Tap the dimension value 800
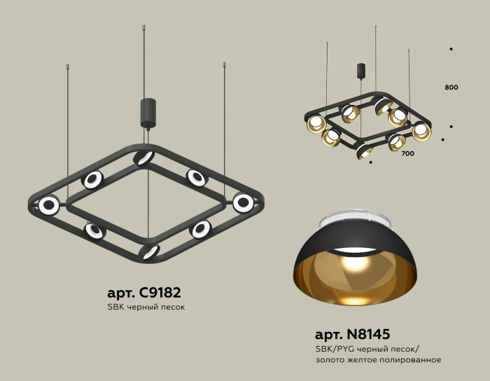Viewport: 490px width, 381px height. point(451,88)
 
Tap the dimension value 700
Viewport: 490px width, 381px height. point(407,153)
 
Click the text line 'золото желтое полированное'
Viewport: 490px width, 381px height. point(378,359)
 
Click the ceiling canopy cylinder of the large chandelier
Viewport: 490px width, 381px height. point(148,112)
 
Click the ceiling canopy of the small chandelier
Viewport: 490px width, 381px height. point(361,71)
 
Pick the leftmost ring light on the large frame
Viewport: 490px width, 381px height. point(49,205)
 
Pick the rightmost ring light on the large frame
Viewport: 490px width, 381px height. point(243,202)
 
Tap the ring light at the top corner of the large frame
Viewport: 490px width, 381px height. point(143,157)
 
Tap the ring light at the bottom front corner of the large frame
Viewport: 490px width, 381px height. point(148,251)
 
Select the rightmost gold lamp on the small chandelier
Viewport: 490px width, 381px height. point(421,130)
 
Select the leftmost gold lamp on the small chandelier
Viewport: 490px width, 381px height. point(316,124)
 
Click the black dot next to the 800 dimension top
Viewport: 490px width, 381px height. point(451,49)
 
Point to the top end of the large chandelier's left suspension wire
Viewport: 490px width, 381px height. point(67,67)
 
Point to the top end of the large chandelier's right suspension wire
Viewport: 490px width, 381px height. point(224,64)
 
